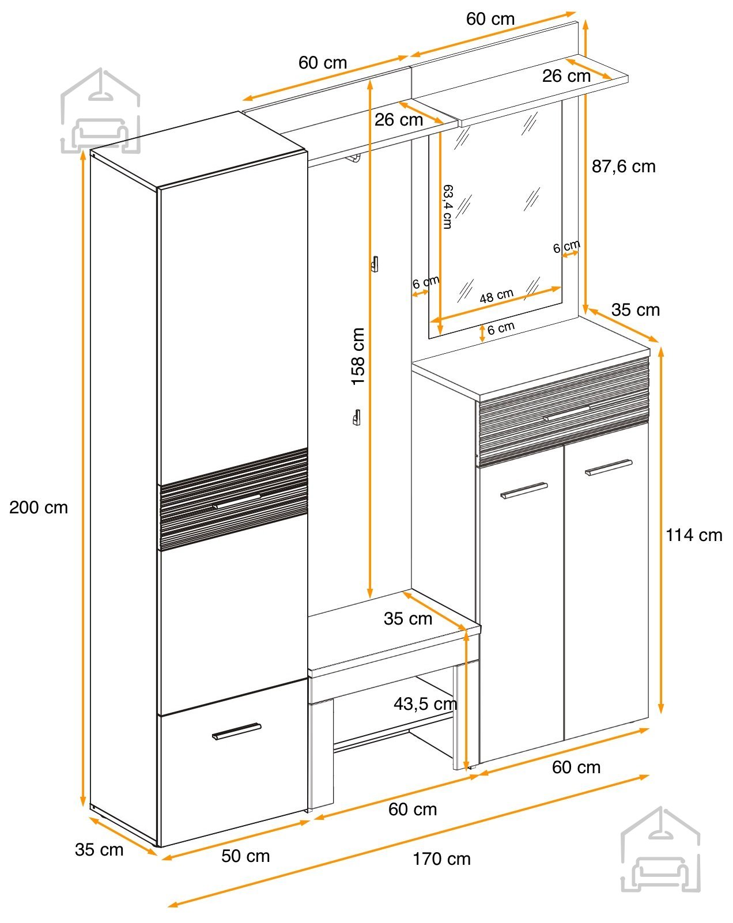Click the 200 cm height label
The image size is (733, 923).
39,508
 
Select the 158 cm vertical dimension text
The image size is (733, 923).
358,357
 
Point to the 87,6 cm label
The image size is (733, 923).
624,167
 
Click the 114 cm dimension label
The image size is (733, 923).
694,535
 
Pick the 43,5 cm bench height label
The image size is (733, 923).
425,704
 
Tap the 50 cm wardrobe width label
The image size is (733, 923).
245,856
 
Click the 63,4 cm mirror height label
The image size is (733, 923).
448,207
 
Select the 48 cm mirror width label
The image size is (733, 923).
497,296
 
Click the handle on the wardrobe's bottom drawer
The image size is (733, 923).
236,731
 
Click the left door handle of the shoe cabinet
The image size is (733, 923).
524,491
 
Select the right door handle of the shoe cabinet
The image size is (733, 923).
609,467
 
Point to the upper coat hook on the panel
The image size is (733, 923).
375,264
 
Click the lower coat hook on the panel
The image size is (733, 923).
357,417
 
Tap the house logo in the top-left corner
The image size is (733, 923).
100,111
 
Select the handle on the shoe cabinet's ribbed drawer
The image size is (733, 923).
566,413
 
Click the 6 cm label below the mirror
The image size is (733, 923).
501,328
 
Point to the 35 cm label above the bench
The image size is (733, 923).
407,619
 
